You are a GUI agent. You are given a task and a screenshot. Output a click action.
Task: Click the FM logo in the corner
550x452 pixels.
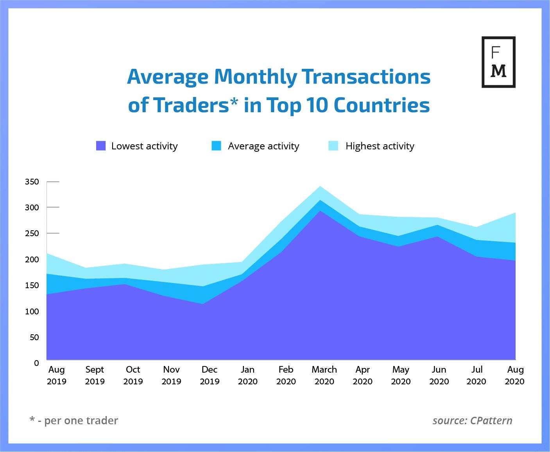[498, 62]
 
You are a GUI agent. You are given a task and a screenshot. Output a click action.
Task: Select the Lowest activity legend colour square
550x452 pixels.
[101, 146]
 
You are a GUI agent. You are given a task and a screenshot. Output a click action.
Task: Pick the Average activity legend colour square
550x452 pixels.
[216, 146]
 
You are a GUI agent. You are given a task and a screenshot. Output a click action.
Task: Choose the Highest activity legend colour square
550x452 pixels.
[333, 146]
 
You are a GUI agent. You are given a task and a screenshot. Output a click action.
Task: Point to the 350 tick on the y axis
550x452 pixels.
[32, 182]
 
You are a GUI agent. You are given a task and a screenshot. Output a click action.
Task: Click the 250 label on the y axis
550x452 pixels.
[32, 233]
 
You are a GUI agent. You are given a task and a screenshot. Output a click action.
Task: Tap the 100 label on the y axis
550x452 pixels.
[32, 312]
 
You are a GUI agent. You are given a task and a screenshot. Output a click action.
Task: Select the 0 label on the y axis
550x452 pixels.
[36, 363]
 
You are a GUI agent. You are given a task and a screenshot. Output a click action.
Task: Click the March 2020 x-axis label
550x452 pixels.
[324, 375]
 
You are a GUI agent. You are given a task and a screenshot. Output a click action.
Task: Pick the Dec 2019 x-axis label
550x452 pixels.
[210, 375]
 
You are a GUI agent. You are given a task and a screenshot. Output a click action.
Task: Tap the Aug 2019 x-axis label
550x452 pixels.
[57, 375]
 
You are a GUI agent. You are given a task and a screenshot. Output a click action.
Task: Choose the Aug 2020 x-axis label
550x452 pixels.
[515, 375]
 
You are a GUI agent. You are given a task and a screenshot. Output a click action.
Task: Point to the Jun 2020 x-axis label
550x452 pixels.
[439, 375]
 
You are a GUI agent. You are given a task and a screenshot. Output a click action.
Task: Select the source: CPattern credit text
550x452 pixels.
[472, 420]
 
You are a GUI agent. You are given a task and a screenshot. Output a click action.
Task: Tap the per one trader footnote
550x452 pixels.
[74, 420]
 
